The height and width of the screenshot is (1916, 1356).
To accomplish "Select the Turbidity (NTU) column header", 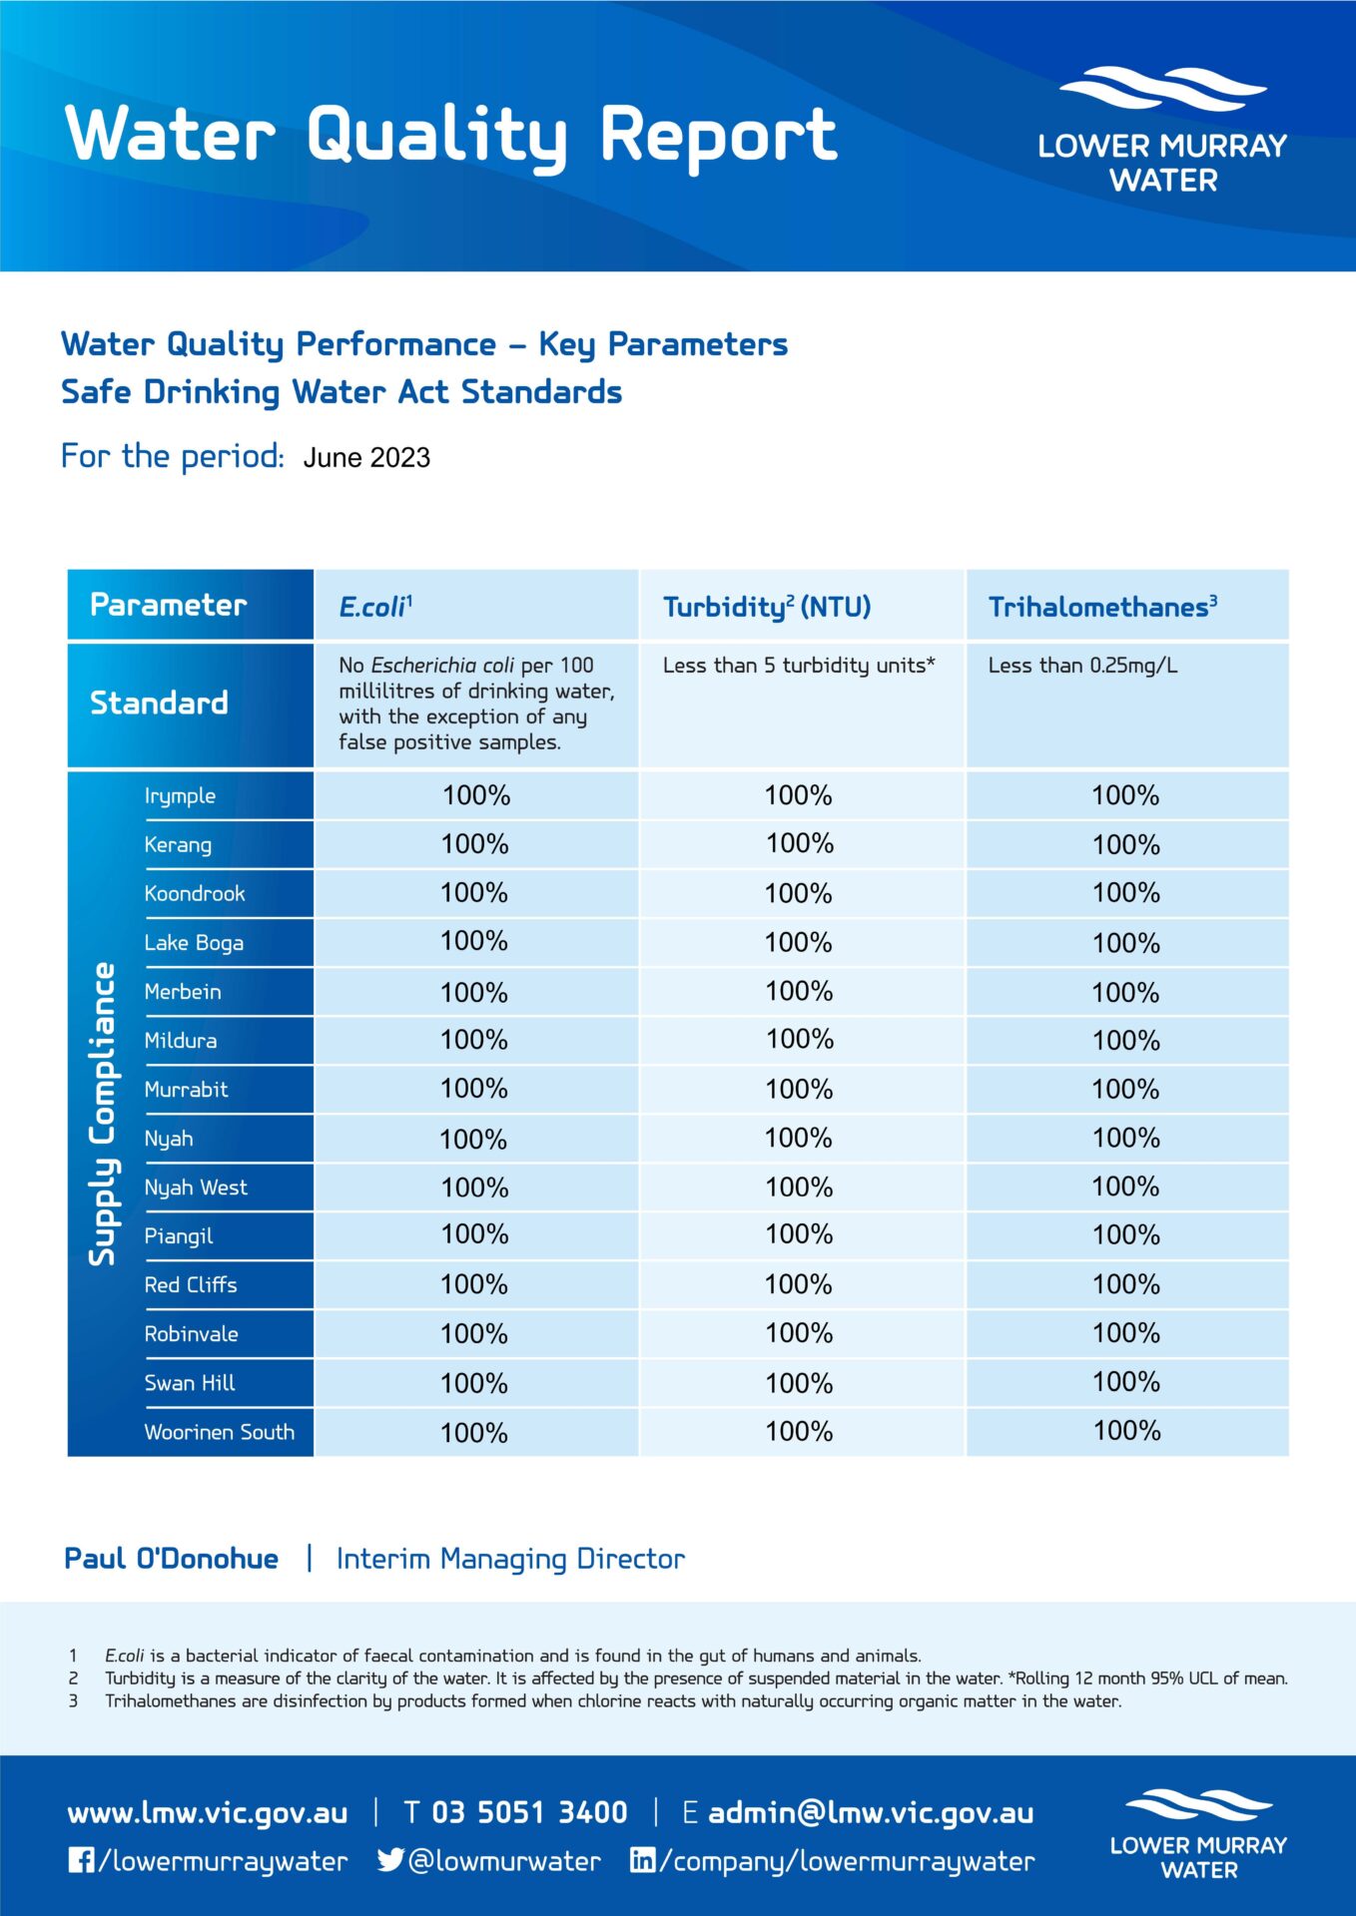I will [766, 606].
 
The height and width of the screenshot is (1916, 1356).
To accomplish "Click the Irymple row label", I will [180, 795].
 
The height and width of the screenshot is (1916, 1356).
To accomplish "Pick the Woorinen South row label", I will [219, 1432].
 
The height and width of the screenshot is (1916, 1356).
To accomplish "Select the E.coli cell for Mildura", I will [474, 1040].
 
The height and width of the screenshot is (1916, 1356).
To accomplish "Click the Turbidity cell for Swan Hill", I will [799, 1383].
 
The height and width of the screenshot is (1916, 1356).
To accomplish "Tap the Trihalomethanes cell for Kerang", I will [1125, 844].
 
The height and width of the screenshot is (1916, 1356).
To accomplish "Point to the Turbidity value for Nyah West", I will [799, 1187].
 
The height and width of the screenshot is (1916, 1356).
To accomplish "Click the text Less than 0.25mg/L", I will [1082, 666].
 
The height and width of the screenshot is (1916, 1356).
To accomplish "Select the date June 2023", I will [366, 458].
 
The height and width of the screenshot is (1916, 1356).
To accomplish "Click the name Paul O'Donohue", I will [171, 1559].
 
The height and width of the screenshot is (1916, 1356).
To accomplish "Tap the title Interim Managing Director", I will [510, 1559].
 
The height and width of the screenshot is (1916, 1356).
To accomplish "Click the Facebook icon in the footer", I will [81, 1860].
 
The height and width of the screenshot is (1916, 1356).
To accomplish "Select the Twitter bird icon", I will [390, 1860].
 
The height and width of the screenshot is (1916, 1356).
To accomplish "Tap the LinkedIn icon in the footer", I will [643, 1860].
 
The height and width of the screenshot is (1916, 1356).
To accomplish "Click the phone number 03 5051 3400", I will [529, 1812].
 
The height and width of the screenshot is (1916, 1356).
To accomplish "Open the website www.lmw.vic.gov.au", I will [208, 1812].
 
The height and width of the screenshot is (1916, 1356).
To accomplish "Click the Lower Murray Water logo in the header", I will [1162, 130].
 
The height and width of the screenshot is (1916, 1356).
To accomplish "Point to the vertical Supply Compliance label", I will [102, 1114].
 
